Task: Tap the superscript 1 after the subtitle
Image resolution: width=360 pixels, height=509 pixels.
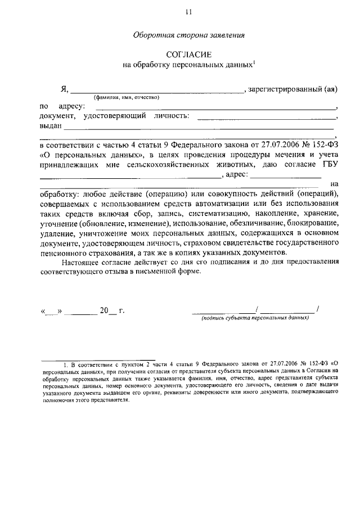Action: [x=254, y=62]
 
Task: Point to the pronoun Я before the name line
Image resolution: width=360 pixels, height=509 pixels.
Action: [x=64, y=89]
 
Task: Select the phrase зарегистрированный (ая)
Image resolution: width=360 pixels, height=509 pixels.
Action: [x=292, y=89]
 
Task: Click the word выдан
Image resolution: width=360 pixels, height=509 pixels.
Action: [x=51, y=127]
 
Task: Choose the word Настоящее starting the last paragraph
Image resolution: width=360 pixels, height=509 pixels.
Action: [x=79, y=262]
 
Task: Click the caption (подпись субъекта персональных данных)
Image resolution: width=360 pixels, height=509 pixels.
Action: [x=256, y=318]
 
